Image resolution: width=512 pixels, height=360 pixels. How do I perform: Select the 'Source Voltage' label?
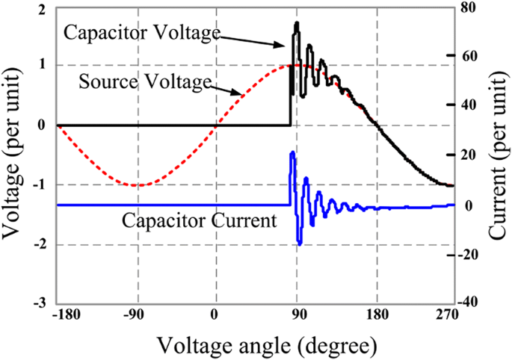(141, 81)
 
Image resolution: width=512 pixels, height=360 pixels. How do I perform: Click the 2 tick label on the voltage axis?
(39, 7)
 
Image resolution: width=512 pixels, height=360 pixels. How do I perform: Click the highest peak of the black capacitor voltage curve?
(297, 23)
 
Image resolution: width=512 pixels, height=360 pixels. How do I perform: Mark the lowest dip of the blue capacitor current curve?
(300, 244)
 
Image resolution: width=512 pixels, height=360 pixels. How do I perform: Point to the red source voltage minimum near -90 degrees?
(135, 185)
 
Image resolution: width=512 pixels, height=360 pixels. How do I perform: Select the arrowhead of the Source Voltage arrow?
(241, 94)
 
